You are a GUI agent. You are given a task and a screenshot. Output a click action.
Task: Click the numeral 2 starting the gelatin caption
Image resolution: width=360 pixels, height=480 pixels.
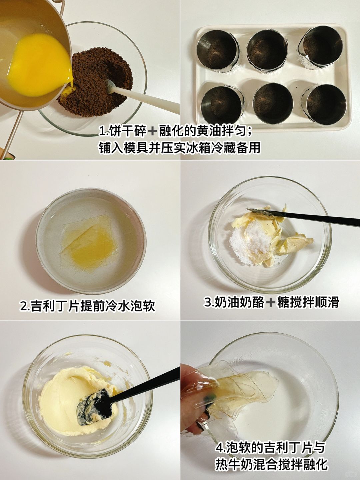24,307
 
